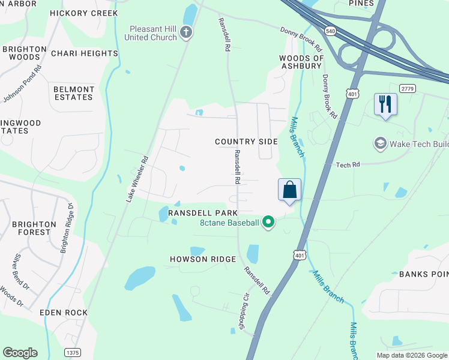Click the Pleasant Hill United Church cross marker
[x=187, y=32]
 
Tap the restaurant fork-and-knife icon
[x=384, y=104]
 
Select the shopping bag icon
[x=289, y=190]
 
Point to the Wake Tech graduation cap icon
[x=379, y=143]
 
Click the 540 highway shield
[x=330, y=30]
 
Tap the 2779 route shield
[x=408, y=89]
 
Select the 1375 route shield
[x=73, y=352]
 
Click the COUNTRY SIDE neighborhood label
[x=247, y=142]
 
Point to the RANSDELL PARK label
[x=203, y=213]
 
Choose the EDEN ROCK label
[x=64, y=313]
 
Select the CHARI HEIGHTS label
[x=85, y=53]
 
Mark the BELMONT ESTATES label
[x=74, y=94]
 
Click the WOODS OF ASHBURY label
[x=301, y=62]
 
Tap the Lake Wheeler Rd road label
[x=137, y=179]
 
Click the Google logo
[x=20, y=353]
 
